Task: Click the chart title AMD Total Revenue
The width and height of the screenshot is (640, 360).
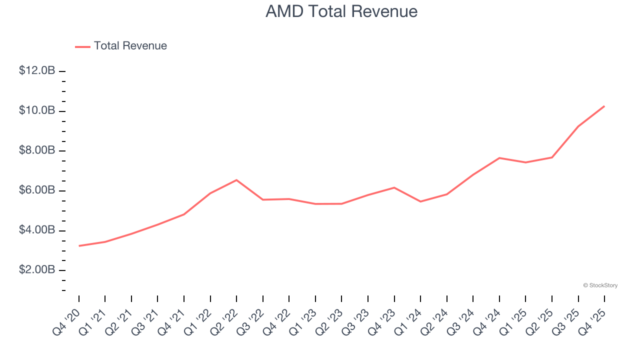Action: pyautogui.click(x=341, y=11)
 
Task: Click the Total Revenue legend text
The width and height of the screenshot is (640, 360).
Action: pyautogui.click(x=130, y=46)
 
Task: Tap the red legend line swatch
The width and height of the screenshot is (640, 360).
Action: pyautogui.click(x=82, y=46)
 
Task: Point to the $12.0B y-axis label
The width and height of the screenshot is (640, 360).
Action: pyautogui.click(x=37, y=70)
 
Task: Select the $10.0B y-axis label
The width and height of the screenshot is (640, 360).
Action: pyautogui.click(x=37, y=110)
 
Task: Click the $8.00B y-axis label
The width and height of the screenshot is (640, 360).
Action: pyautogui.click(x=37, y=150)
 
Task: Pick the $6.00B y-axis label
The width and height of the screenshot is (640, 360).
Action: pyautogui.click(x=37, y=190)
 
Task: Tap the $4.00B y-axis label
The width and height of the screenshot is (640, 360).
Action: pyautogui.click(x=37, y=230)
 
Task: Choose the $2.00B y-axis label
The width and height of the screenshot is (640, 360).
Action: pyautogui.click(x=37, y=270)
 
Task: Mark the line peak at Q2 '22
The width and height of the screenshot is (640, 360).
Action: pyautogui.click(x=236, y=180)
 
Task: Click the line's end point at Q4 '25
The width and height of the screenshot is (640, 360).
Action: pyautogui.click(x=604, y=106)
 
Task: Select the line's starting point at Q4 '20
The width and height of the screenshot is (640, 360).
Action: pyautogui.click(x=79, y=246)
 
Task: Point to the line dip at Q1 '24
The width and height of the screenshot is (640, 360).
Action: pyautogui.click(x=420, y=201)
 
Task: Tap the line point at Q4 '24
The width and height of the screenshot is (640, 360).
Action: pyautogui.click(x=499, y=158)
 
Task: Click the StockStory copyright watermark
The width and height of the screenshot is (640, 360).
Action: pyautogui.click(x=600, y=285)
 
